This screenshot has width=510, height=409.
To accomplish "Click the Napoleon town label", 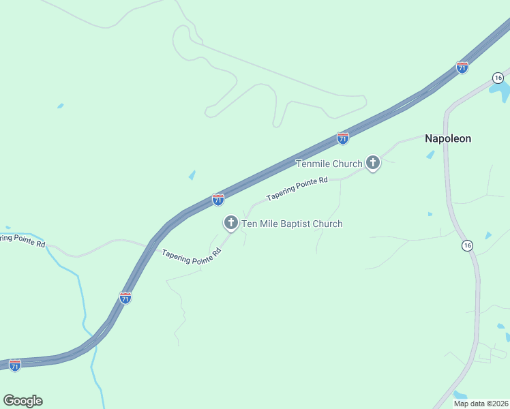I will point(448,138).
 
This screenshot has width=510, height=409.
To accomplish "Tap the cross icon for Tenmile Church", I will point(372,163).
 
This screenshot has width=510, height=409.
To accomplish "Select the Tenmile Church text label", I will point(329,164).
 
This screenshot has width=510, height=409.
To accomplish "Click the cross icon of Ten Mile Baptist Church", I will point(230,223).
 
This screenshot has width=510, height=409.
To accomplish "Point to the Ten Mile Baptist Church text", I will point(292,224).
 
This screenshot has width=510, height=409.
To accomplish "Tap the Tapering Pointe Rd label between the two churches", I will point(297,189).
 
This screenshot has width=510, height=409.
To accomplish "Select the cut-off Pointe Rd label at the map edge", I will point(22,240).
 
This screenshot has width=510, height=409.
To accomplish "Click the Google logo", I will point(22,400).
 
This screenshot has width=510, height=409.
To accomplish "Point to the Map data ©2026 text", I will point(481,404).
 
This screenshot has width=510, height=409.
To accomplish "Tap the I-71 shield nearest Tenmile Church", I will point(343,138).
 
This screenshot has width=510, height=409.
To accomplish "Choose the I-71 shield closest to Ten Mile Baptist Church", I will point(218,200).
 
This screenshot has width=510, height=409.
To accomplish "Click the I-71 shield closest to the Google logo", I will point(15,365).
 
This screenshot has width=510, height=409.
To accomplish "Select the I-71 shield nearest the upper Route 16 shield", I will point(462,67).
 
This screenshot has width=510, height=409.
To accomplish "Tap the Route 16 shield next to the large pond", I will point(498,77).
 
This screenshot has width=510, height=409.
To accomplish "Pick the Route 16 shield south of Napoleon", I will point(466,245).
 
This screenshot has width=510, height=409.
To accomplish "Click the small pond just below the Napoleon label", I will point(430,155).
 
